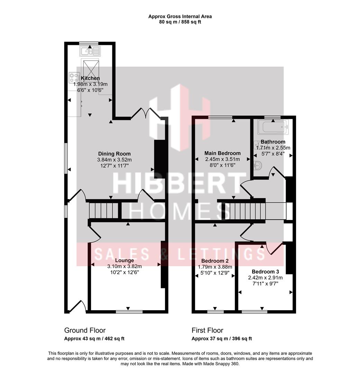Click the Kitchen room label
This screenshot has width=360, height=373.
click(90, 78)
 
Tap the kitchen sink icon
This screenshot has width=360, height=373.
click(90, 51)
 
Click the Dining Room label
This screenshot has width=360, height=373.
click(114, 154)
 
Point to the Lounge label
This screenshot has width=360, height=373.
click(124, 260)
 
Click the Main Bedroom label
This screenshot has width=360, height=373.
click(222, 153)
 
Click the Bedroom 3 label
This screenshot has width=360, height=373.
click(265, 271)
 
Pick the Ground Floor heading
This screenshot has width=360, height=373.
click(85, 331)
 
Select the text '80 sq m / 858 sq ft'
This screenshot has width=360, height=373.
click(180, 22)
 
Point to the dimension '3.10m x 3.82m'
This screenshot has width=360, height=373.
click(124, 266)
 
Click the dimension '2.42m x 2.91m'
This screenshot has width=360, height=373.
click(265, 278)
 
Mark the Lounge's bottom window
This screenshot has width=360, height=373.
click(129, 312)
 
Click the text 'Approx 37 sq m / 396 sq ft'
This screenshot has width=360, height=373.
click(222, 338)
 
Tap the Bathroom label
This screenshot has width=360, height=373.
click(273, 142)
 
